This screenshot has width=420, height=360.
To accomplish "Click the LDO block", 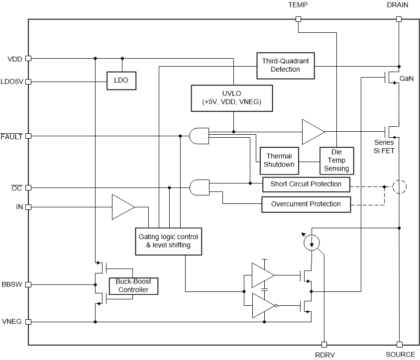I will tap(121, 80).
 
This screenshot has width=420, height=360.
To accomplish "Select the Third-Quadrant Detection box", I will tap(286, 65).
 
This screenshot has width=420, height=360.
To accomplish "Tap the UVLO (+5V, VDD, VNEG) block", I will tap(232, 97).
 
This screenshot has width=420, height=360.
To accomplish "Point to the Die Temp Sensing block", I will tap(336, 160).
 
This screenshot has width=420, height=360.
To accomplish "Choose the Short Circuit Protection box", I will tap(306, 184).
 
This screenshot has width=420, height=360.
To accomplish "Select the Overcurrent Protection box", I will tap(306, 204).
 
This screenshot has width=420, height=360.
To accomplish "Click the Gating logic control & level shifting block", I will tap(169, 241).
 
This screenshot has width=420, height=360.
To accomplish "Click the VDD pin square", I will tap(28, 58).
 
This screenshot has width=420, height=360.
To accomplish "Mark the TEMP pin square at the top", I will tap(298, 19).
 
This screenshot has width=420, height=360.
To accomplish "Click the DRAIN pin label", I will tap(397, 5).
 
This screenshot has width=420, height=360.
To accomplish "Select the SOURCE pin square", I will tap(399, 344).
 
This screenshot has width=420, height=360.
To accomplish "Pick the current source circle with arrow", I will tap(312, 242).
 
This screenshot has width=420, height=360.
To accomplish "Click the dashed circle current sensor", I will tap(399, 187).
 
